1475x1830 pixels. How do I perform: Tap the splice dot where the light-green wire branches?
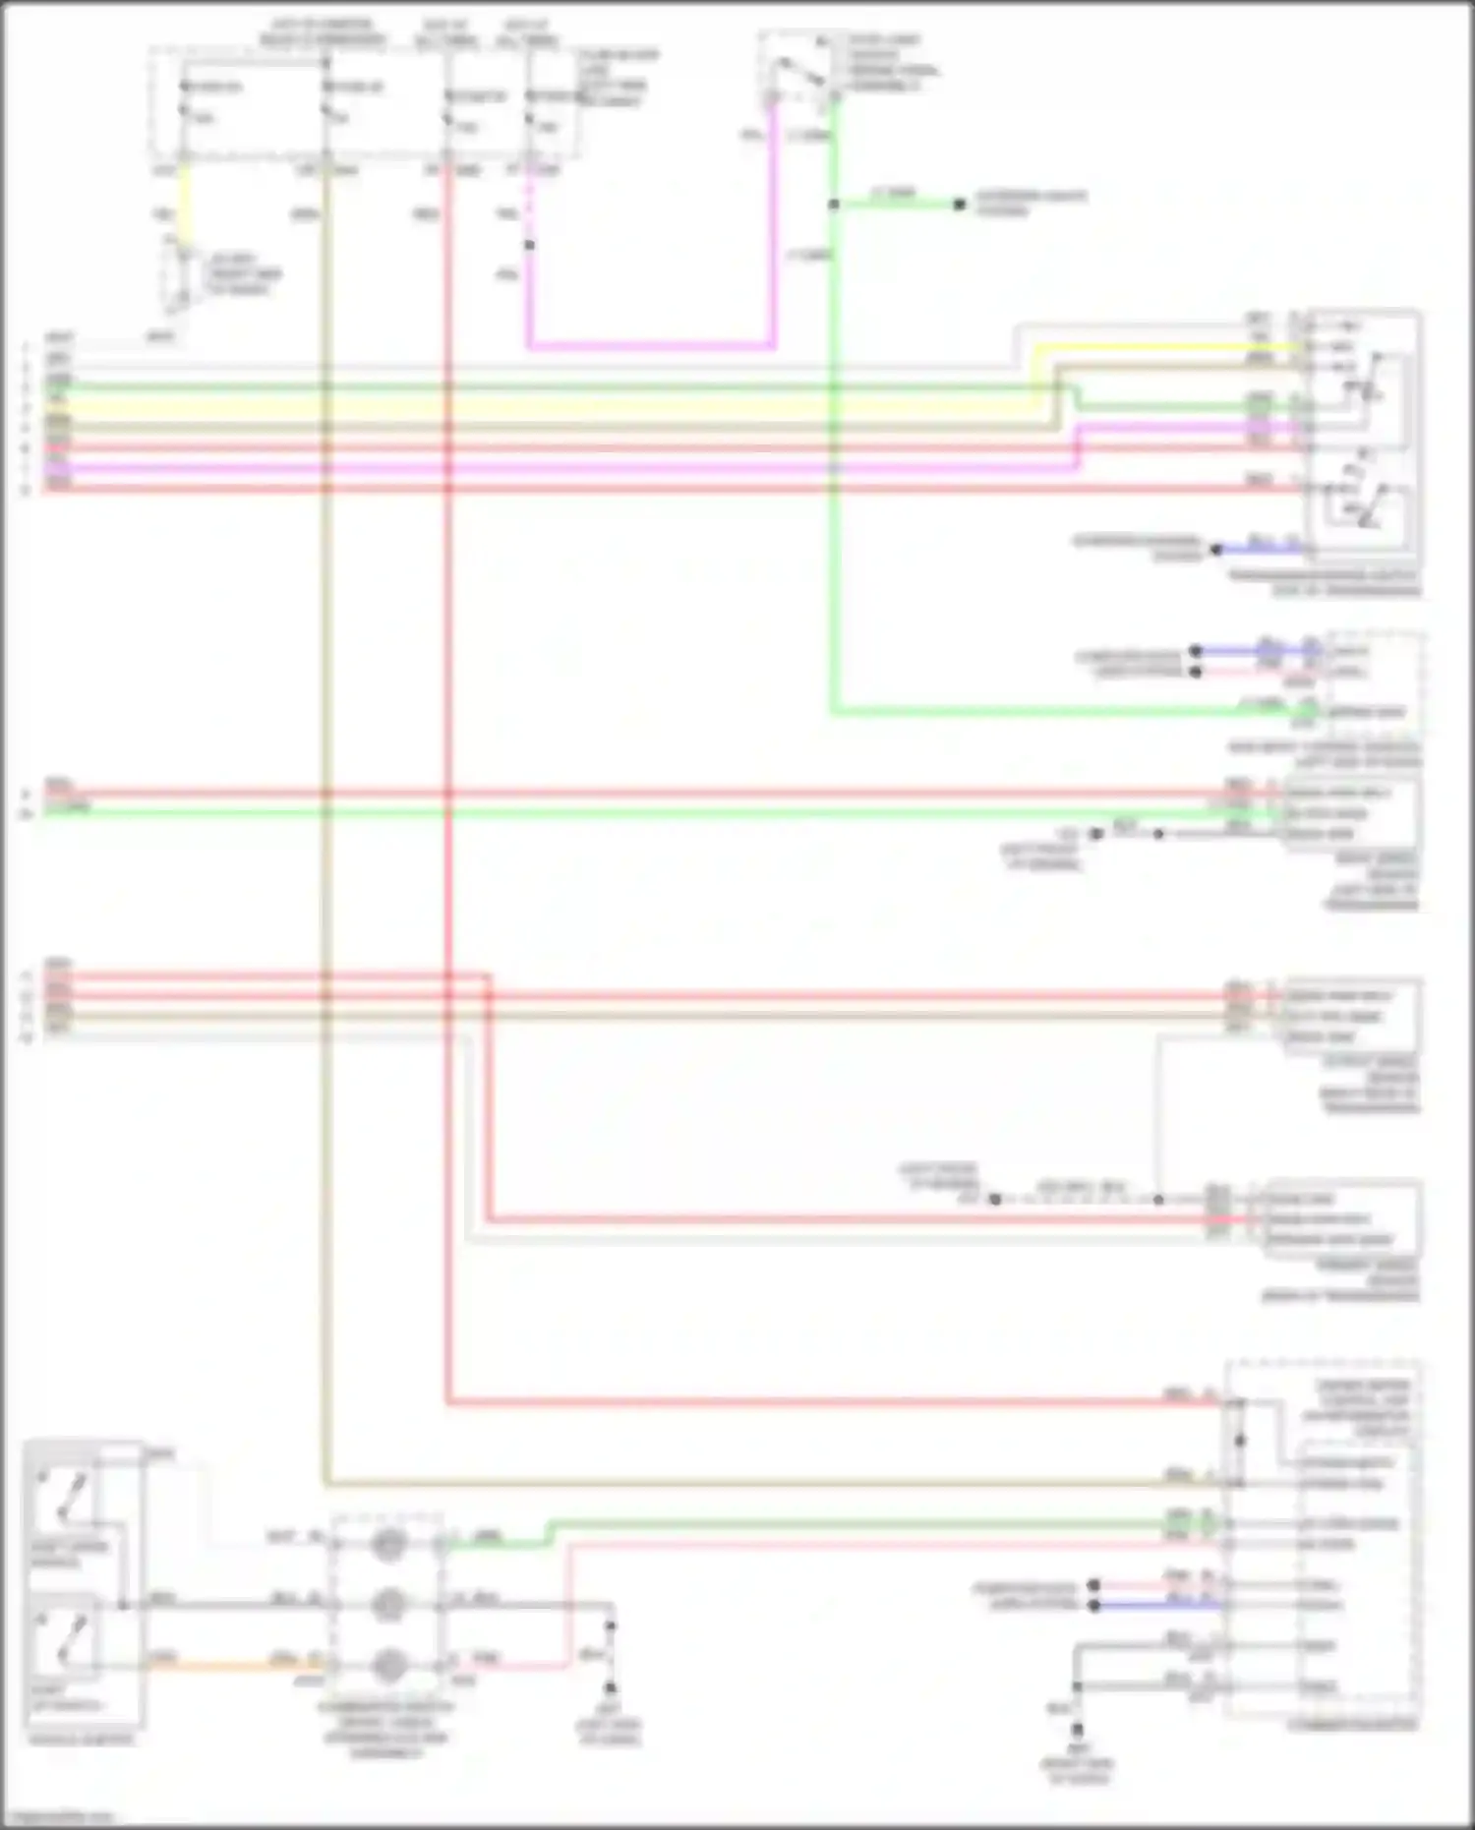pyautogui.click(x=833, y=205)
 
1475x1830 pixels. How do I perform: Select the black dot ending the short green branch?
pyautogui.click(x=959, y=205)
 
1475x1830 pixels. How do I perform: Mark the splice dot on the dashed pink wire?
pyautogui.click(x=529, y=245)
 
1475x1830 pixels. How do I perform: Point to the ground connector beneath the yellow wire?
pyautogui.click(x=178, y=280)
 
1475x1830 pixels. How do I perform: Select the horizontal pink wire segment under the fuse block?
pyautogui.click(x=649, y=346)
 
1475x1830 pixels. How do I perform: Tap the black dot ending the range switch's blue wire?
pyautogui.click(x=1215, y=549)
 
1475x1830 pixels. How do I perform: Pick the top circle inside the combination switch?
pyautogui.click(x=388, y=1545)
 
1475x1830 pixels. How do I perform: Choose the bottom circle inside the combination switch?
pyautogui.click(x=388, y=1665)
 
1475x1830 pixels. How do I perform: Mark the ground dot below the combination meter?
pyautogui.click(x=1077, y=1728)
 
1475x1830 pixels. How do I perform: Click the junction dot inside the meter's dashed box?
pyautogui.click(x=1239, y=1441)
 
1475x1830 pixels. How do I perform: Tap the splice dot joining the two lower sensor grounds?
pyautogui.click(x=1158, y=1200)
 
